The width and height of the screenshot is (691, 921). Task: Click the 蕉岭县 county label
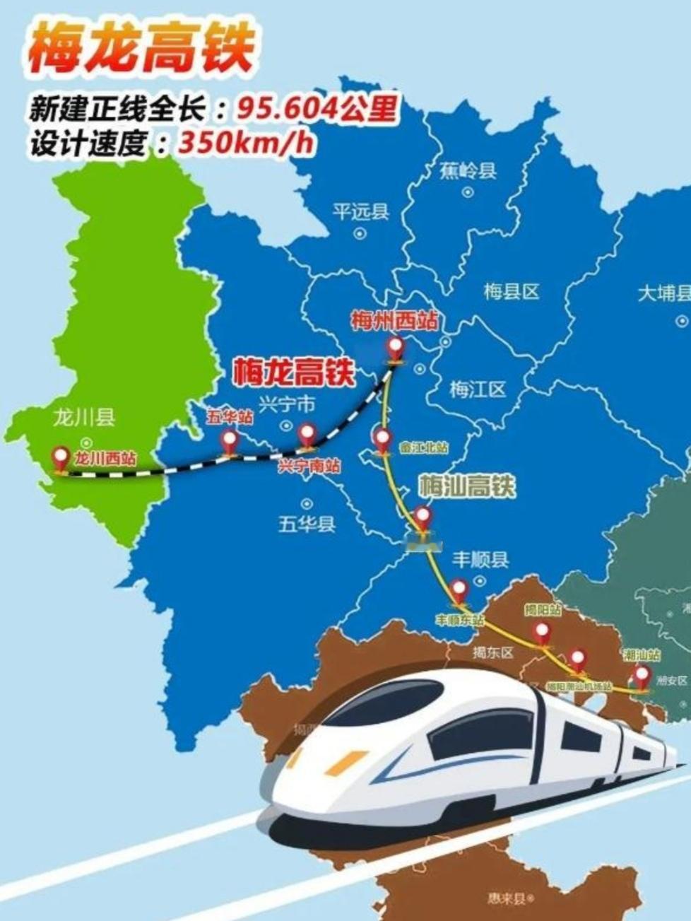468,170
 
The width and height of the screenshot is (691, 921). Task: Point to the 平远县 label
360,211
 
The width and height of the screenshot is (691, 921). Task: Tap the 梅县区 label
512,291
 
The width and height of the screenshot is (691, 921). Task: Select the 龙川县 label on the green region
84,417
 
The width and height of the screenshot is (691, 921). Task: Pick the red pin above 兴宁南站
306,435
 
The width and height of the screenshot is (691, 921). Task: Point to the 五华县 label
307,524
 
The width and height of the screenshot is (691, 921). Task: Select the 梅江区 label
478,389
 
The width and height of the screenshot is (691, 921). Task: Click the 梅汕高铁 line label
467,486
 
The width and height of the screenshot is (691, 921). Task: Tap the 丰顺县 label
480,560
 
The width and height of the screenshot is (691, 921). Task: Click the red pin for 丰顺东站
459,590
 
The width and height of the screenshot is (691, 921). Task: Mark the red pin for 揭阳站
542,633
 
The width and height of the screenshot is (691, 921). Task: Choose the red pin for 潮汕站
642,676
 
